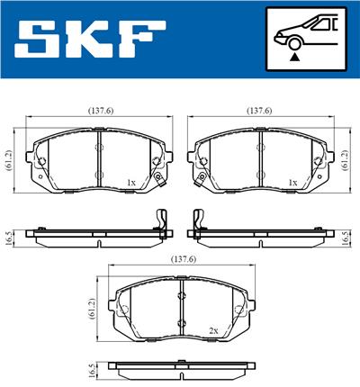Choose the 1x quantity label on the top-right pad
coord(292,183)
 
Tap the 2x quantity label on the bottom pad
coord(213,330)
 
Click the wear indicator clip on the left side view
coord(163,222)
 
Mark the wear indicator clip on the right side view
coord(195,222)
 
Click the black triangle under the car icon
coord(293,56)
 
